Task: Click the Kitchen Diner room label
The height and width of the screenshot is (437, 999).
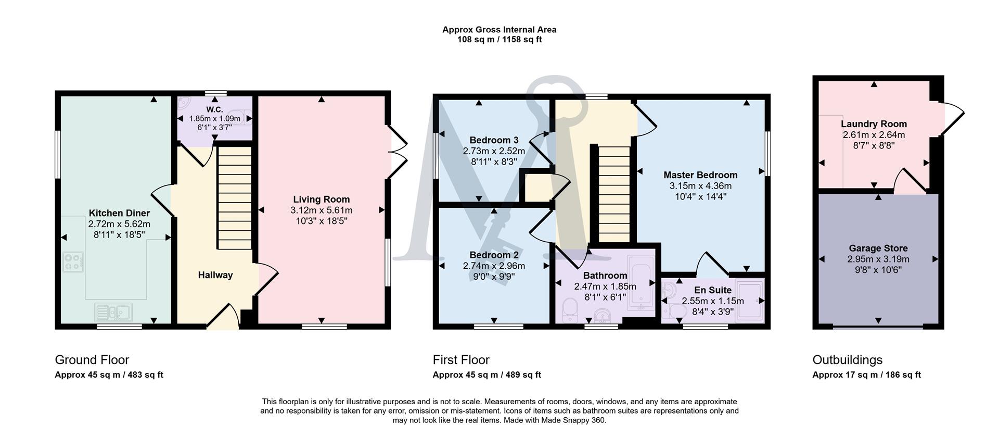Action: tap(119, 213)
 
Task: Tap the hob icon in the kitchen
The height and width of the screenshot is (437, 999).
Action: tap(73, 262)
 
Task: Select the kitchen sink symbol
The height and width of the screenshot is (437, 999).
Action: tap(113, 311)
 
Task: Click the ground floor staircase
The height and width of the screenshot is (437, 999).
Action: tap(234, 198)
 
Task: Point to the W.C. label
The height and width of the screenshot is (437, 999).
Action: tap(214, 109)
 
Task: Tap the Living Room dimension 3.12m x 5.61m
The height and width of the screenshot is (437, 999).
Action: tap(322, 210)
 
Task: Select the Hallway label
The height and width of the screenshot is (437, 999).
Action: tap(215, 275)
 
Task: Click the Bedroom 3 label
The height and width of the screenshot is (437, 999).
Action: tap(494, 140)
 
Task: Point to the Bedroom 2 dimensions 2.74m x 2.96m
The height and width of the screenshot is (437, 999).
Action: tap(494, 266)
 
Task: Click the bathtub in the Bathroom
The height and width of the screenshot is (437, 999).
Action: tap(641, 283)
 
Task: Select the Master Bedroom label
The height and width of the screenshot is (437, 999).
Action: tap(700, 175)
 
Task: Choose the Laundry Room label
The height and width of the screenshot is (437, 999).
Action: tap(874, 124)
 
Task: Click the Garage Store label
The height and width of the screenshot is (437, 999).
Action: tap(878, 248)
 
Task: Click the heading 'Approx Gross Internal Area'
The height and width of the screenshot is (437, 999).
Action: tap(499, 30)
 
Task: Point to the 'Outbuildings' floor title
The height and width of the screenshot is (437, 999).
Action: tap(847, 360)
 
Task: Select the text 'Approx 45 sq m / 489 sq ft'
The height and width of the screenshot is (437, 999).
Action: tap(486, 375)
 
